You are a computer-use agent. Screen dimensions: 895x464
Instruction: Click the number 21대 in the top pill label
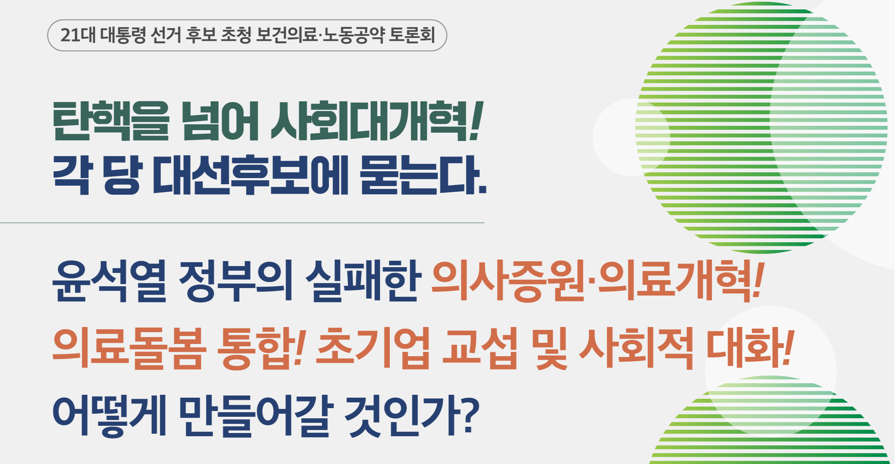coord(78,35)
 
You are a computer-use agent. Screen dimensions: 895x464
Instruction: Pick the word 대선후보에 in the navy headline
coord(250,175)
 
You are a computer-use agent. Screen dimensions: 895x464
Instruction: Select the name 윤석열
coord(109,281)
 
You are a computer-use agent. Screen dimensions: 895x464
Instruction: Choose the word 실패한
coord(363,281)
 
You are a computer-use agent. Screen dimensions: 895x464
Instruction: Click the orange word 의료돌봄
coord(130,348)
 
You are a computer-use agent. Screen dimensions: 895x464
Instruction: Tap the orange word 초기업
coord(373,348)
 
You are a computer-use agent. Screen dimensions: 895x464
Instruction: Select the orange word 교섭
coord(480,348)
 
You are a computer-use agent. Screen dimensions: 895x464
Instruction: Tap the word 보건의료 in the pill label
coord(287,35)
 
